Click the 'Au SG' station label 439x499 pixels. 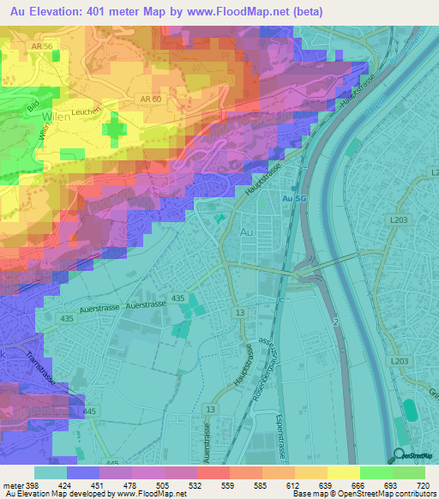tap(295, 199)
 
